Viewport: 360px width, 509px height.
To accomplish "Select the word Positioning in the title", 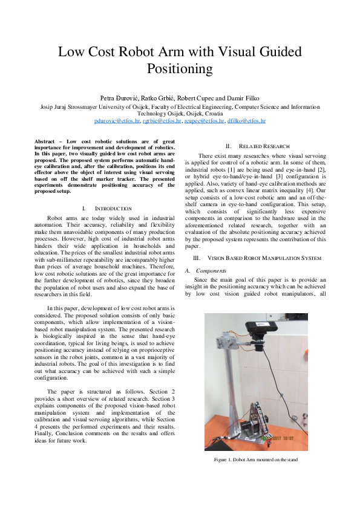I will click(x=180, y=68).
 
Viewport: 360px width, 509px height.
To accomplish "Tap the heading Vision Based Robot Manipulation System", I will click(x=256, y=258).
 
